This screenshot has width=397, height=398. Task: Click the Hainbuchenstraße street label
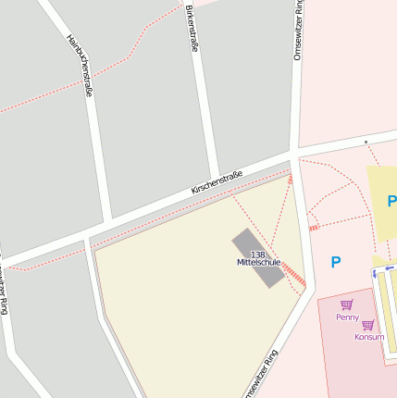tap(80, 66)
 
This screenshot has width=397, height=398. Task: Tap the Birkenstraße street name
tap(192, 28)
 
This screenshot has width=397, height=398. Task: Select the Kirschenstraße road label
tap(217, 181)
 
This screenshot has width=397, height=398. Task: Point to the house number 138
tap(257, 254)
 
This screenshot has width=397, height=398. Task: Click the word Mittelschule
tap(258, 263)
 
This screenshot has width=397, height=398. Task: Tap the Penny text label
tap(347, 317)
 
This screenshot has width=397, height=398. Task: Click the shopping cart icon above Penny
tap(347, 305)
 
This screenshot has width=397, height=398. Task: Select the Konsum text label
tap(368, 337)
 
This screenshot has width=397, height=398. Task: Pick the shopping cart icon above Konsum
tap(368, 325)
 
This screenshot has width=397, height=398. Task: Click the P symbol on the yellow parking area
tap(391, 201)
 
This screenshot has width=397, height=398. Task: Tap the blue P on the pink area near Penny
tap(335, 262)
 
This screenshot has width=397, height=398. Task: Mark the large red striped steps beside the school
tap(293, 272)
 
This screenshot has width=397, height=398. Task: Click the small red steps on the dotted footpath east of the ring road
tap(314, 227)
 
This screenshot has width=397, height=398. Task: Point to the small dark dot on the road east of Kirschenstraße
tap(366, 142)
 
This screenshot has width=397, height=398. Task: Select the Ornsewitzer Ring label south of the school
tap(259, 375)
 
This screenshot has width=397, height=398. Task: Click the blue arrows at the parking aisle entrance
tap(377, 264)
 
